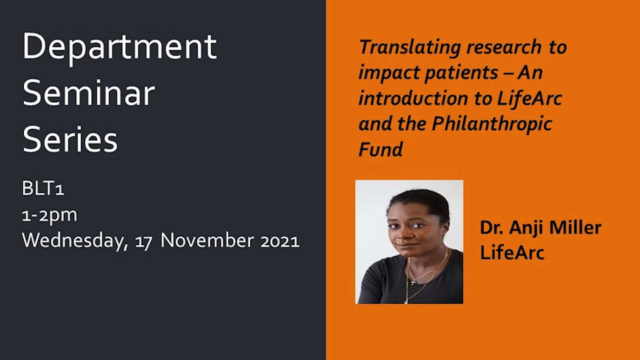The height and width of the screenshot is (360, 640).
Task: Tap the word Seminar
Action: point(88,93)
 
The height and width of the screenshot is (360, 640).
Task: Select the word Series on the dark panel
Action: point(70,140)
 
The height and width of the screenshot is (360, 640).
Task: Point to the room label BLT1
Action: point(43,188)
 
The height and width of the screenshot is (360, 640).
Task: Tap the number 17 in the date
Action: point(144,242)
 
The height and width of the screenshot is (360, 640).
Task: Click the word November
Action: point(207,240)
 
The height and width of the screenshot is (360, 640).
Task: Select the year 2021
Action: point(280,241)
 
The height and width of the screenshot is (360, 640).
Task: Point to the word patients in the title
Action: point(461,73)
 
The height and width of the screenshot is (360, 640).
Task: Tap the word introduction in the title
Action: point(413,98)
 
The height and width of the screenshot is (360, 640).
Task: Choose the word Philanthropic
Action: point(492,125)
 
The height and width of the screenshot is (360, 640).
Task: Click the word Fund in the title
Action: point(380,149)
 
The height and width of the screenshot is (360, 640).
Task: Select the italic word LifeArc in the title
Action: point(530,98)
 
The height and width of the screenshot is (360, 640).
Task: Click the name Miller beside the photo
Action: point(575,228)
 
